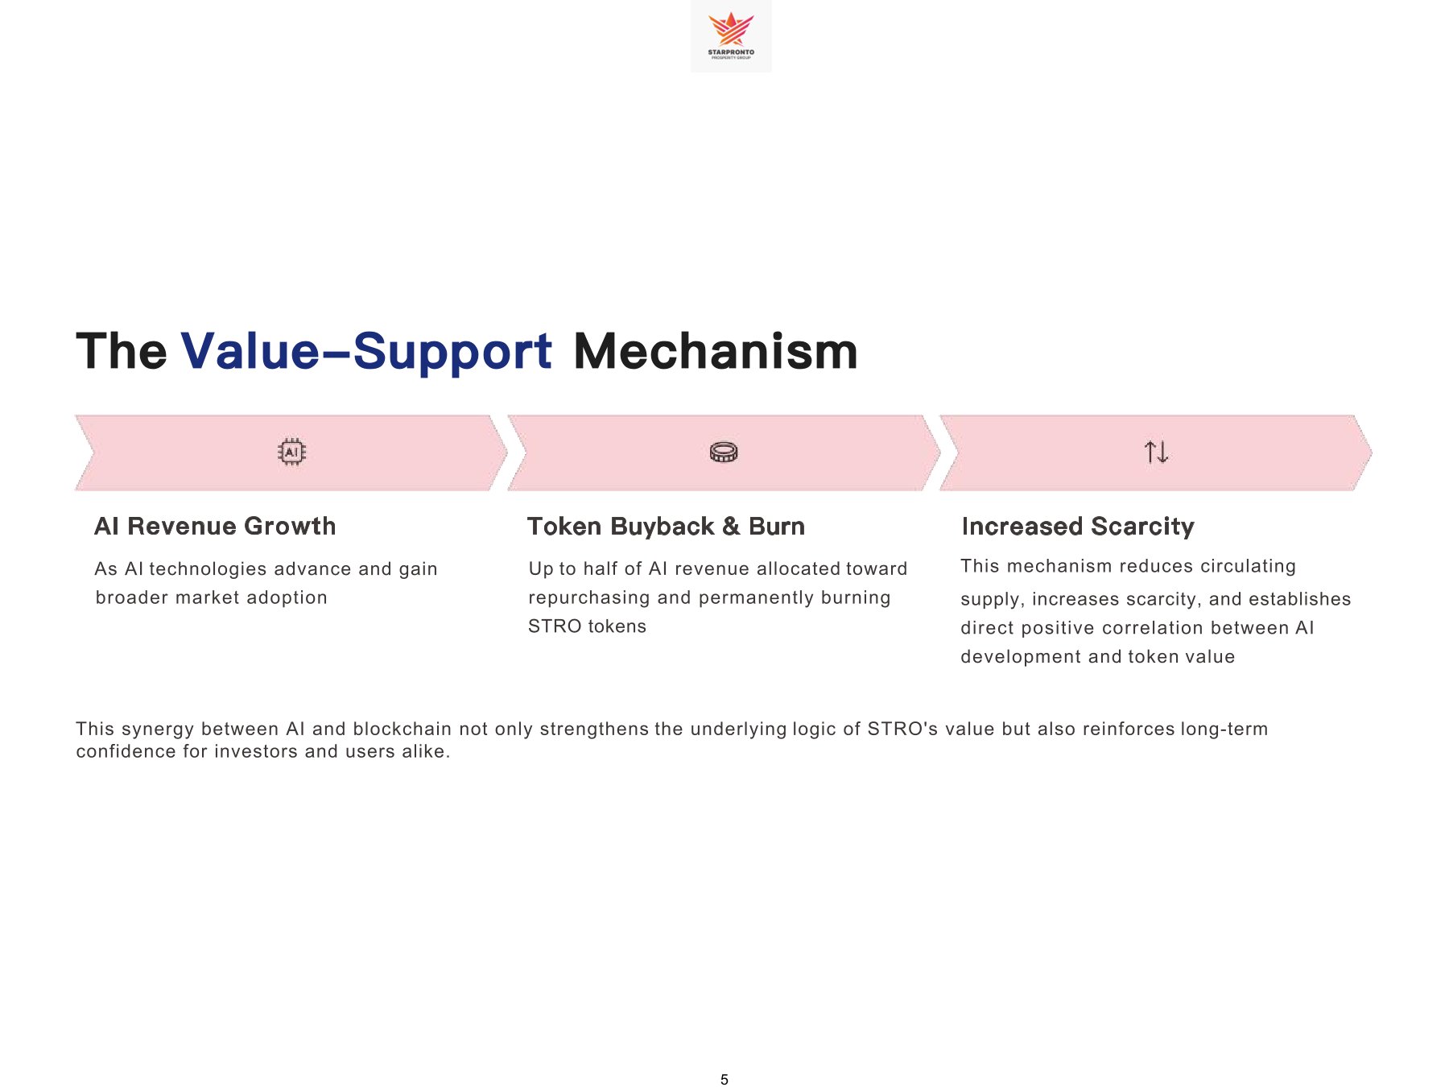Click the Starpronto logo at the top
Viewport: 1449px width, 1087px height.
tap(731, 35)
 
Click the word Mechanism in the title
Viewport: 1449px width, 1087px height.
tap(716, 352)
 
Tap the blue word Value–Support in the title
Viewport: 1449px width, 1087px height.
tap(366, 352)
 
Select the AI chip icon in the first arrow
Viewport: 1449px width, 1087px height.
tap(291, 453)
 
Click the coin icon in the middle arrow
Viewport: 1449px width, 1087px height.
tap(724, 453)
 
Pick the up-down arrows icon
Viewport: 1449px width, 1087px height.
tap(1156, 453)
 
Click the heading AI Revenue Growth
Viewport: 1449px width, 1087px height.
tap(215, 527)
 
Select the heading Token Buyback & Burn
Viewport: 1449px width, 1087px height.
tap(666, 527)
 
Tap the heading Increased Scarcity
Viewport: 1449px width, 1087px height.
tap(1078, 527)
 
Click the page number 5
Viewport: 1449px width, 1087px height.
tap(724, 1080)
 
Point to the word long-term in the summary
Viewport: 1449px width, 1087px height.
tap(1224, 729)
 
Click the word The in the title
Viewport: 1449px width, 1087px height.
tap(122, 352)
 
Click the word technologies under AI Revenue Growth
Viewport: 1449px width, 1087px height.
tap(208, 568)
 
